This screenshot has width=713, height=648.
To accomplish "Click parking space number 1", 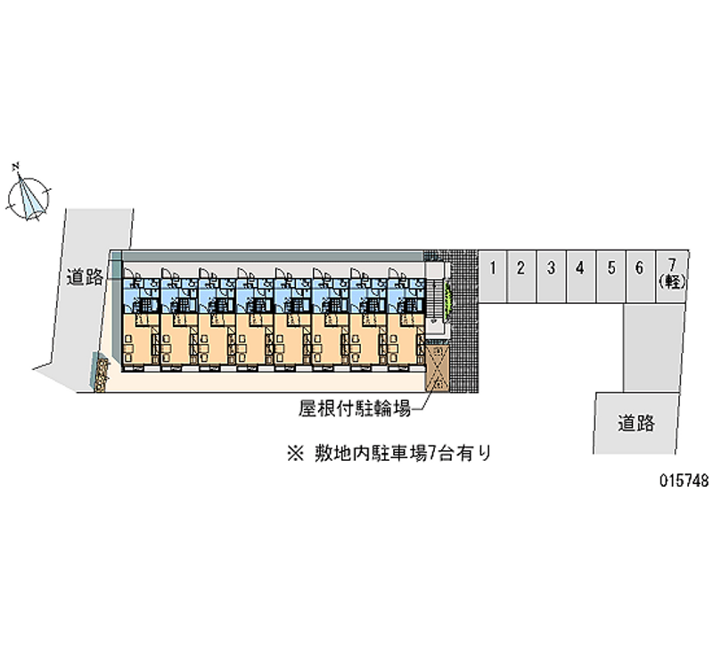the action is point(492,276).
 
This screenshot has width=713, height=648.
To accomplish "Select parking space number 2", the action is point(521,276).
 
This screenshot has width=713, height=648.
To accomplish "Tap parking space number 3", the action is point(551,276).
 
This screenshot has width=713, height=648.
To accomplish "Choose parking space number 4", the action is point(581,276).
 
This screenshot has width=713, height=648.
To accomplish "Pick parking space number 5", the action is point(611,276).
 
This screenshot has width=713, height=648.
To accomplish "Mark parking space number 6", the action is point(640,276).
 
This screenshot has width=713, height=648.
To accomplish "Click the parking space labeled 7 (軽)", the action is point(672,276).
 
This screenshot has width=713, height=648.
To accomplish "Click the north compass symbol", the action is point(28,199).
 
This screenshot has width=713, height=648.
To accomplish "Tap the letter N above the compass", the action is point(16,167).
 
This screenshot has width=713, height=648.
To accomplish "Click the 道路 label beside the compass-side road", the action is point(85,277).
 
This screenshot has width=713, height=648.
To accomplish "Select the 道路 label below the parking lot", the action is point(635,423).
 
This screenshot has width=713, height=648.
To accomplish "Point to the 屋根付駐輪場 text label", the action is point(355,408).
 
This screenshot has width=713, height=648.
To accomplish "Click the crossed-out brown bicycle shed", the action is point(437,367).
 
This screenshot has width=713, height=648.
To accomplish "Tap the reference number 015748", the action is point(684,480).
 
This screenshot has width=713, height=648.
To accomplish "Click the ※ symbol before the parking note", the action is point(295,454).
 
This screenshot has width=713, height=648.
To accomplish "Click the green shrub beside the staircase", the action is point(448,299).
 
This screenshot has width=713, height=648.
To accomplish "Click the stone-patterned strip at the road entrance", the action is point(101,375).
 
